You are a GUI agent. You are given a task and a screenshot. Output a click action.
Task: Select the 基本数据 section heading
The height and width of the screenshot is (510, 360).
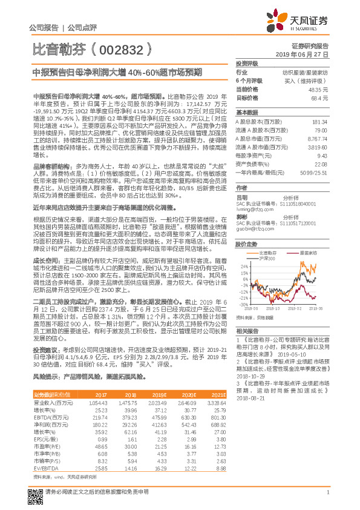coord(247,113)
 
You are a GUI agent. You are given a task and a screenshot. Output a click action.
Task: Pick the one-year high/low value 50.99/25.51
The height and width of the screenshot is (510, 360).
coord(313,173)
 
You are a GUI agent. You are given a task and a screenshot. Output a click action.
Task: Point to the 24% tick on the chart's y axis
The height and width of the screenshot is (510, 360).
coord(243,265)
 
